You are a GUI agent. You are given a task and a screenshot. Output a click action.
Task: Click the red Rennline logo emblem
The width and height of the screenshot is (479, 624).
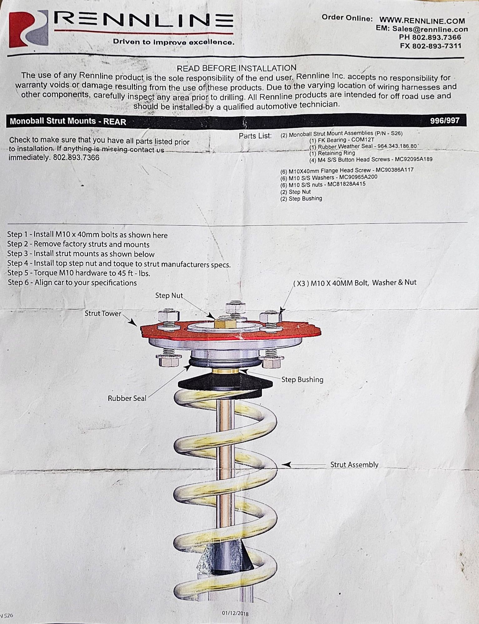(28, 29)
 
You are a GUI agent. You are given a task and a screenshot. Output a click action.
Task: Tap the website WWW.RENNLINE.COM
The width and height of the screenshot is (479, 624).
(422, 21)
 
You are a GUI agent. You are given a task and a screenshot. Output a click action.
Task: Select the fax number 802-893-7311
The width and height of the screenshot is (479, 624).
(437, 46)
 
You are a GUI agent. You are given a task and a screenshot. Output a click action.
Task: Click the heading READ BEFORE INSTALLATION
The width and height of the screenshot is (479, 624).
(236, 68)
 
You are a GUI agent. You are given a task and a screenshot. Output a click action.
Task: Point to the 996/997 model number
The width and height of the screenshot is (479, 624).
(445, 120)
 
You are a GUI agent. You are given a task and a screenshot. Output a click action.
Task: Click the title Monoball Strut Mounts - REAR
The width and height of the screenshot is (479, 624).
(68, 121)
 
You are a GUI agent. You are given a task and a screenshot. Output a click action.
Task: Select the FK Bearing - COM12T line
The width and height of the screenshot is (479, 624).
(342, 140)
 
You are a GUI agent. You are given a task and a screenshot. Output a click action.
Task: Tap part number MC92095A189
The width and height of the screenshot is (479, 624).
(413, 159)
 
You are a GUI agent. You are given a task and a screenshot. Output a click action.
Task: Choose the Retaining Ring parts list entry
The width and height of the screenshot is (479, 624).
(332, 153)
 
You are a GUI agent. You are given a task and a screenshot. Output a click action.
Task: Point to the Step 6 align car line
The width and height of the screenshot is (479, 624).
(72, 283)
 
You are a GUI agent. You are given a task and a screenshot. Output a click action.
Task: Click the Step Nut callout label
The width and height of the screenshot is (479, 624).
(169, 295)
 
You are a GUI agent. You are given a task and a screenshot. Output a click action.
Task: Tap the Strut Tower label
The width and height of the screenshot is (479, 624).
(103, 313)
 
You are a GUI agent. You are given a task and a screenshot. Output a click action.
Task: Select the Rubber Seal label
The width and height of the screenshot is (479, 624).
(127, 398)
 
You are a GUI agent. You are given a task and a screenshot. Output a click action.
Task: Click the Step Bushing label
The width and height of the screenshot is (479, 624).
(302, 379)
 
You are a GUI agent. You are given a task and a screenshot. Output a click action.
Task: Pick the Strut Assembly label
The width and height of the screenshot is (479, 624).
(354, 465)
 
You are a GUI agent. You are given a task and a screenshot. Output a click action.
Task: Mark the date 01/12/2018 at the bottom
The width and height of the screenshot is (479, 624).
(235, 613)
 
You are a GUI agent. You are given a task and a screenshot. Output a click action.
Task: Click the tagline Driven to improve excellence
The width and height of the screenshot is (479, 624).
(173, 42)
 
